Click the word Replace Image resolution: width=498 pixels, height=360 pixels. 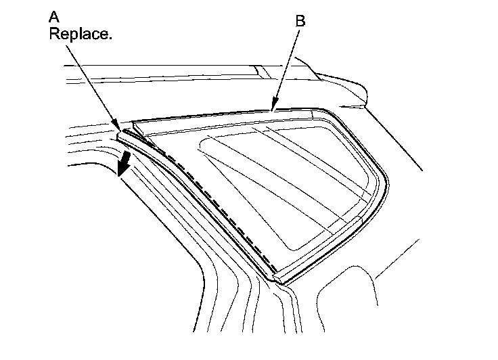click(x=80, y=34)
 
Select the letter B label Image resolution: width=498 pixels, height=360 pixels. click(x=300, y=22)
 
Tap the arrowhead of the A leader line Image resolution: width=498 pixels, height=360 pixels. click(x=121, y=128)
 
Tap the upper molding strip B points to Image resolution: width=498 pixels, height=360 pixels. click(x=223, y=115)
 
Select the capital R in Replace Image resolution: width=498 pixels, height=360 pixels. click(x=54, y=34)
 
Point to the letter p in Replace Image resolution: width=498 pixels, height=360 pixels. click(x=72, y=35)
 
